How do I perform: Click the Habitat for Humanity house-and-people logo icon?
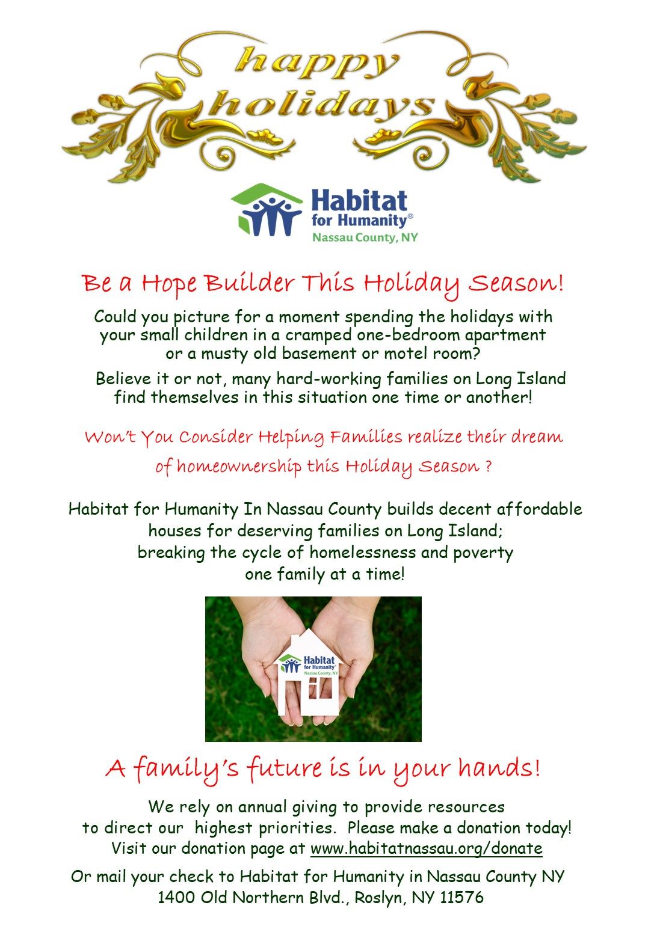click(267, 210)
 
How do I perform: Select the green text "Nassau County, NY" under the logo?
click(365, 238)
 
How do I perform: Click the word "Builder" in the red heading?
click(249, 283)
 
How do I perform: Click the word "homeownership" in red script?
click(239, 467)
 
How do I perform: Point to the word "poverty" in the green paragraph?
click(483, 553)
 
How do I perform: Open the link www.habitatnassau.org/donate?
click(426, 848)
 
